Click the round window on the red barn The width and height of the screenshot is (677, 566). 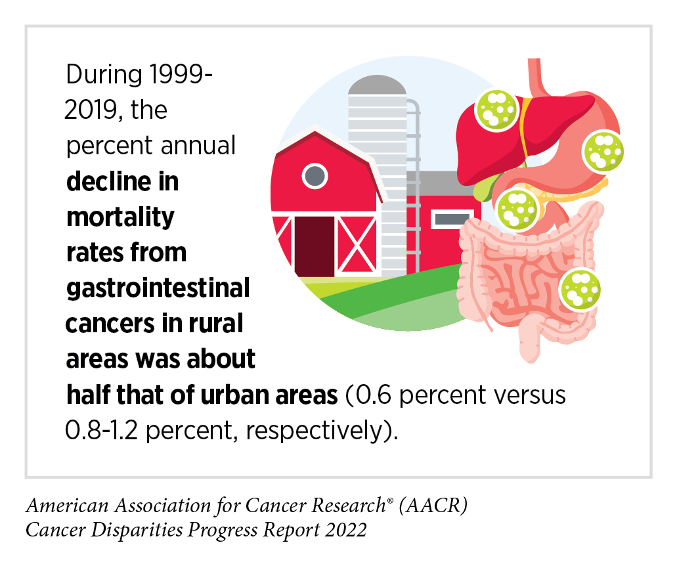click(315, 176)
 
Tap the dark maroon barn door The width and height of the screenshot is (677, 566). click(315, 246)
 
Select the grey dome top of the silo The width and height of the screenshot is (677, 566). click(378, 85)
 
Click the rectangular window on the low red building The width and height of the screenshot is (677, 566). click(452, 219)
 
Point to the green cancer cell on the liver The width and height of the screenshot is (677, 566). click(496, 110)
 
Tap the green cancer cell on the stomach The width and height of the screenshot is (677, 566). click(603, 152)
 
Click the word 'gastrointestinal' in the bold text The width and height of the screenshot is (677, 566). click(158, 288)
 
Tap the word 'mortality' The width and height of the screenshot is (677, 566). click(120, 217)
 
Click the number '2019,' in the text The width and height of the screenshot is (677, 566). click(94, 110)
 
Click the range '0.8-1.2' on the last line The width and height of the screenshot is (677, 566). click(102, 431)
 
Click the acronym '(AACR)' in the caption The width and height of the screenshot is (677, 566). click(433, 505)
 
